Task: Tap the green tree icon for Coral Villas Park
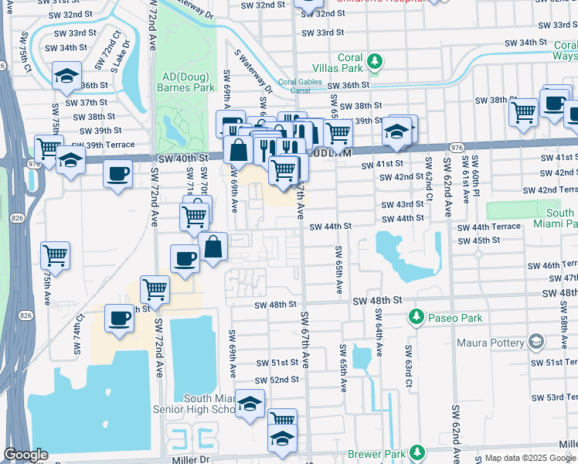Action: (x=375, y=60)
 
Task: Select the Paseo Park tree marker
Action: (x=416, y=317)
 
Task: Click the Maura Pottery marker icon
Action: (x=535, y=342)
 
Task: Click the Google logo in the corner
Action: (x=25, y=455)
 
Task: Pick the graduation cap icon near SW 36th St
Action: (x=67, y=76)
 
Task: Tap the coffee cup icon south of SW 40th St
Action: (x=117, y=174)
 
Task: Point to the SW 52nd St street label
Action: (x=277, y=380)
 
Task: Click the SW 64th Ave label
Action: (x=379, y=332)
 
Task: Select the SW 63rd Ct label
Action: (x=408, y=348)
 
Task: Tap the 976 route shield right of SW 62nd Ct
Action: (x=455, y=147)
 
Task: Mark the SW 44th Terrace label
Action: (x=488, y=227)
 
